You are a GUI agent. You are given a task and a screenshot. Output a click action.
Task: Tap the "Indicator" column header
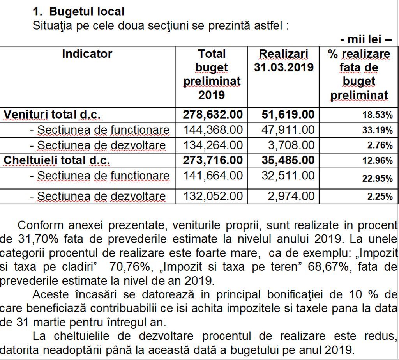87,54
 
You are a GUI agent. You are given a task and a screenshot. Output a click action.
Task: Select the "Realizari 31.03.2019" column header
284,60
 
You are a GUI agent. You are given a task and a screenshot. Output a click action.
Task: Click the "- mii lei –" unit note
365,39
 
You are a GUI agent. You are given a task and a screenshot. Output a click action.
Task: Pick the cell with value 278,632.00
213,115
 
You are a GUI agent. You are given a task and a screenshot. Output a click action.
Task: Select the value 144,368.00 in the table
213,130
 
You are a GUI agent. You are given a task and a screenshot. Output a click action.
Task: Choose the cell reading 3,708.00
291,145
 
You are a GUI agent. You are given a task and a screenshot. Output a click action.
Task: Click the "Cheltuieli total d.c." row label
57,161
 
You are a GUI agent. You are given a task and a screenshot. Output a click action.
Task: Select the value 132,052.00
213,196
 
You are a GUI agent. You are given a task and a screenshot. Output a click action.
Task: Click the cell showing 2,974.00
291,196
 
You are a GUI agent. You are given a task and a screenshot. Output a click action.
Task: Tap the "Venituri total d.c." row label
52,115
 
